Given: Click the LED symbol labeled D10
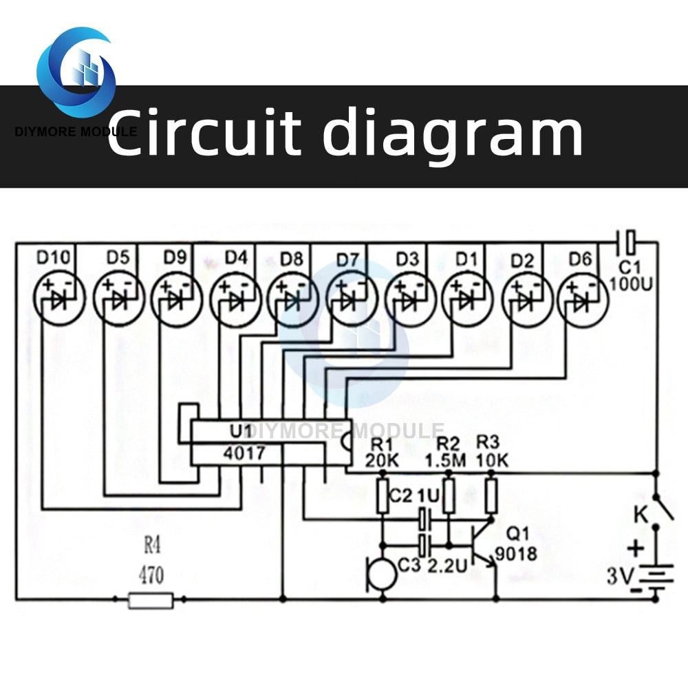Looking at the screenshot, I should (x=58, y=299).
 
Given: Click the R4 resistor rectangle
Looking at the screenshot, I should (x=151, y=600).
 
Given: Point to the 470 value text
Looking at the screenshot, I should (x=151, y=574).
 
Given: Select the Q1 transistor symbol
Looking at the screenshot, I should (x=484, y=544).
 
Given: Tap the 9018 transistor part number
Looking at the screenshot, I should (x=516, y=553).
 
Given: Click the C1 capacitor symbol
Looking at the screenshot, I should (x=627, y=241).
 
